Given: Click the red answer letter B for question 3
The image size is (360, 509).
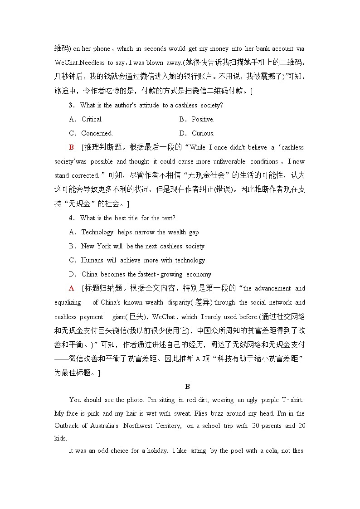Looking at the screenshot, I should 71,147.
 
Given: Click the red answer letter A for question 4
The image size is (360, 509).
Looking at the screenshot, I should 71,288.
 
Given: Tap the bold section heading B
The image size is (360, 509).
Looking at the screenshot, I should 187,386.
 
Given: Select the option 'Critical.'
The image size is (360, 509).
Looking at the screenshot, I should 92,119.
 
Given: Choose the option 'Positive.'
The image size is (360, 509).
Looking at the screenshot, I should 203,119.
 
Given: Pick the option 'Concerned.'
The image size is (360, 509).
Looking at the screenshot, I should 97,133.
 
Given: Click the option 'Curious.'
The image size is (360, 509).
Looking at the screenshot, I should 203,133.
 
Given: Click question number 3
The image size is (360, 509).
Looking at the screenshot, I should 71,105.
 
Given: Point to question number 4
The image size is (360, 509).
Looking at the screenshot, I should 71,218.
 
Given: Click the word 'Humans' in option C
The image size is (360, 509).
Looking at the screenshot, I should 92,260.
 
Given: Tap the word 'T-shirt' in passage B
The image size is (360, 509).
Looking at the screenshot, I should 292,400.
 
